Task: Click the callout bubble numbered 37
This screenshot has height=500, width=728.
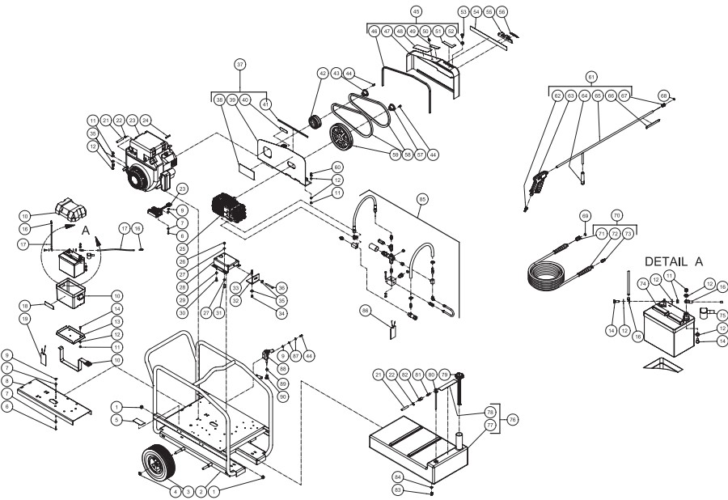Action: [239, 63]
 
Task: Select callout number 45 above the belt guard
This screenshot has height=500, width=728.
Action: [417, 12]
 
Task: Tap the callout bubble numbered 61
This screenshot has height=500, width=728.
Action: [592, 76]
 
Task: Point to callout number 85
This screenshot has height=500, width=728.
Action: [421, 197]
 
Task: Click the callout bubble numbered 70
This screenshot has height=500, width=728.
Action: [617, 216]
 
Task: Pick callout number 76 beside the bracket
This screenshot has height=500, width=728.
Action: [511, 420]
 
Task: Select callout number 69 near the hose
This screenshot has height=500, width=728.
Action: [586, 216]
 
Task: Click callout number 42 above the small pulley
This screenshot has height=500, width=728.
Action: [323, 74]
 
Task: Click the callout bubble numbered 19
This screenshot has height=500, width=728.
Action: [24, 320]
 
